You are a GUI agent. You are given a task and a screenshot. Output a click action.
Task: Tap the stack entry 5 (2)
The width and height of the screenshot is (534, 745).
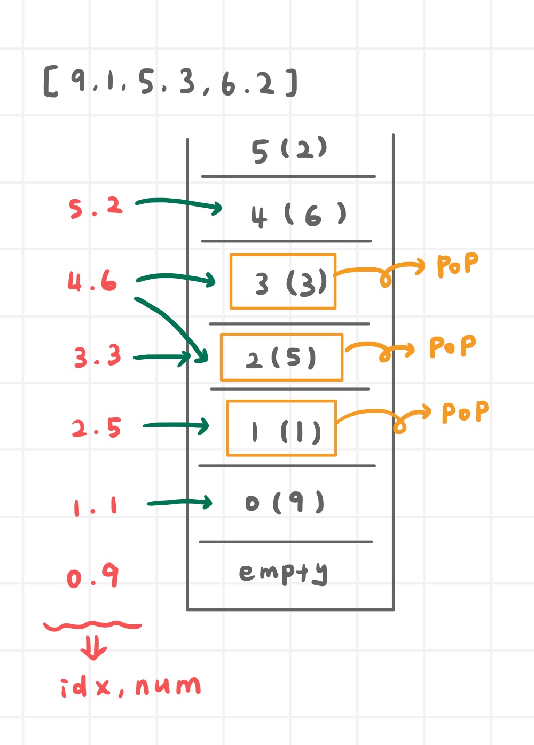click(289, 150)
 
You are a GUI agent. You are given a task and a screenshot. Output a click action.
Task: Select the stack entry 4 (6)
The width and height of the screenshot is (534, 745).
click(298, 215)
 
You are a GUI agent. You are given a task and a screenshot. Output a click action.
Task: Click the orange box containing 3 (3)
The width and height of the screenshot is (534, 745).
click(283, 281)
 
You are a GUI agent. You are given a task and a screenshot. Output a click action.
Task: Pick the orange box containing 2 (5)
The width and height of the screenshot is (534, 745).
click(281, 357)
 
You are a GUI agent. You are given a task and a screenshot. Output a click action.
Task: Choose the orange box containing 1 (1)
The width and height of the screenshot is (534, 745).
click(281, 428)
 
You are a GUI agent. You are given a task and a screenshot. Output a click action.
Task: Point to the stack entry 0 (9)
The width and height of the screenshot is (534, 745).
click(285, 503)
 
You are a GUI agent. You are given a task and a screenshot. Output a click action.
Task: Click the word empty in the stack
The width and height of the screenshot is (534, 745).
click(283, 573)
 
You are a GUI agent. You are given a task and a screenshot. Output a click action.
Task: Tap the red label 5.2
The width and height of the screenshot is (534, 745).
click(96, 207)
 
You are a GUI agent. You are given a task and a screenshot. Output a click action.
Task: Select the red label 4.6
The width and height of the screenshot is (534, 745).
click(92, 281)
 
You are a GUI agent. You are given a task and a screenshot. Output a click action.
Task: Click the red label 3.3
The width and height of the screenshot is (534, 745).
click(98, 356)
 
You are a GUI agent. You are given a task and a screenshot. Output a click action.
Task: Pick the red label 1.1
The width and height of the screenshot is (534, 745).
click(96, 506)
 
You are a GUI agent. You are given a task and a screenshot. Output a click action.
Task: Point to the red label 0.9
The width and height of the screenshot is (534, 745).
click(93, 576)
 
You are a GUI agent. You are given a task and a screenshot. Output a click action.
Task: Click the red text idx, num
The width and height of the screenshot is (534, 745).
click(130, 686)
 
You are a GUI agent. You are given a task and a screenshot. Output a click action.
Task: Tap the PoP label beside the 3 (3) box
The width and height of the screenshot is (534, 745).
click(458, 265)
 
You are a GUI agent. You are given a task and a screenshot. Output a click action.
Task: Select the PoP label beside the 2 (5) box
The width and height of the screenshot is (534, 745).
click(452, 347)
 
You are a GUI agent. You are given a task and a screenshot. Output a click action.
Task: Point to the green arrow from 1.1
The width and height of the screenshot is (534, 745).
click(179, 502)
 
